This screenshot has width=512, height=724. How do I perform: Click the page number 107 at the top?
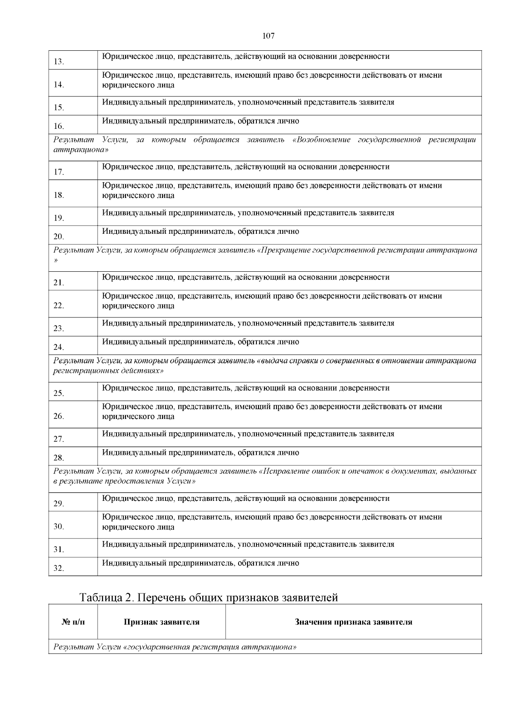click(268, 36)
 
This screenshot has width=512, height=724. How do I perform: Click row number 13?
click(59, 62)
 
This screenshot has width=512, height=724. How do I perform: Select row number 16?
click(59, 126)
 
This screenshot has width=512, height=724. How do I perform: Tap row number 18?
click(59, 195)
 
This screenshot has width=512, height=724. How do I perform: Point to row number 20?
click(59, 237)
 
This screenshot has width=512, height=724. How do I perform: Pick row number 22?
click(59, 306)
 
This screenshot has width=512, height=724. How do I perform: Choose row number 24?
click(59, 347)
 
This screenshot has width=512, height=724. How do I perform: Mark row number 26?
click(59, 416)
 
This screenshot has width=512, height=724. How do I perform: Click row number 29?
click(59, 504)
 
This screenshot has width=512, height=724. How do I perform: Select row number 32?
click(59, 568)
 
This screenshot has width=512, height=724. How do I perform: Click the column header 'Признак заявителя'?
click(162, 622)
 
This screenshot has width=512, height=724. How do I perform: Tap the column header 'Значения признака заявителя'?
click(353, 622)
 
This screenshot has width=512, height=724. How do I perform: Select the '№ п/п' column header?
click(73, 622)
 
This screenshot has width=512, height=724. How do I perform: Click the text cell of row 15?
click(248, 102)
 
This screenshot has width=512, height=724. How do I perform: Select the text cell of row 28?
click(201, 453)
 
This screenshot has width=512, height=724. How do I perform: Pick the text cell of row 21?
click(246, 277)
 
